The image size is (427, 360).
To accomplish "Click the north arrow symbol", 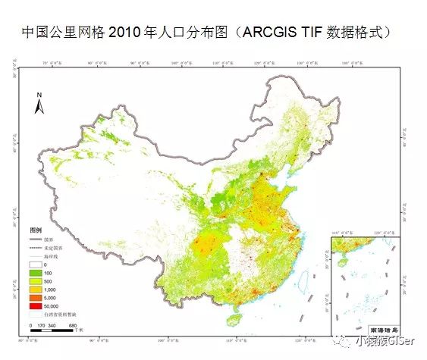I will click(39, 99).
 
